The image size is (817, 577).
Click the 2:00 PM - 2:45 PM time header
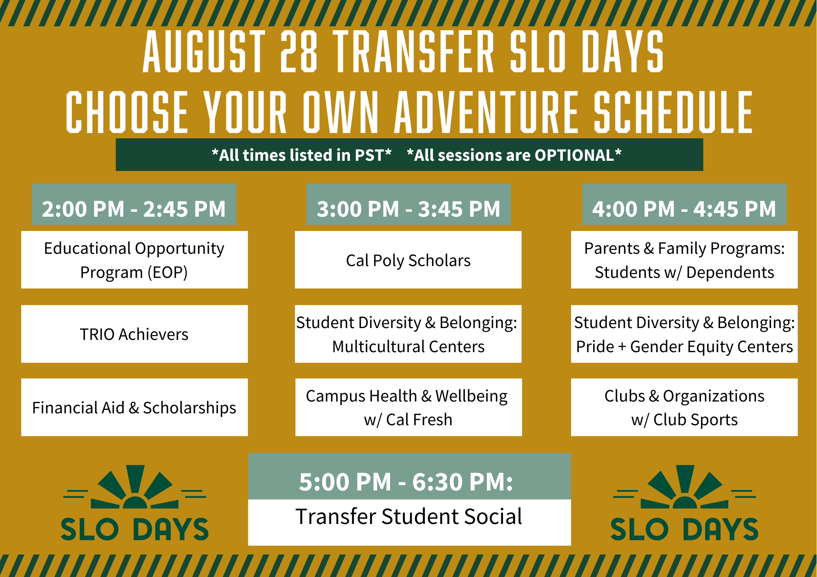point(134,204)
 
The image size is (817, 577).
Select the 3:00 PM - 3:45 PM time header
point(408,204)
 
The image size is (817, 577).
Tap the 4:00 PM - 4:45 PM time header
point(684,204)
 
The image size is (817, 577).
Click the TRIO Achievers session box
point(134,334)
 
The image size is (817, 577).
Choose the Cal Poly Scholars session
point(408,260)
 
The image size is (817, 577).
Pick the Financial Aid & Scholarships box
point(134,407)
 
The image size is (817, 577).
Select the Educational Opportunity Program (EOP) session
point(134,260)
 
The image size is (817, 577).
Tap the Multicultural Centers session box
point(408,334)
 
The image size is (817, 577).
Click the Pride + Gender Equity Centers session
point(684,334)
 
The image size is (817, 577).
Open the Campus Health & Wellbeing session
point(408,407)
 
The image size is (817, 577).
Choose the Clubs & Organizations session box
point(684,407)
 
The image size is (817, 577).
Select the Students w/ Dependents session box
point(684,260)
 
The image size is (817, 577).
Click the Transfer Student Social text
point(409,517)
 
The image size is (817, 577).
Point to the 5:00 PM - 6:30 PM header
point(409,476)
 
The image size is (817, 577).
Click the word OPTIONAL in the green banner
point(574,155)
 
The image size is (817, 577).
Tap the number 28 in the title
point(299,52)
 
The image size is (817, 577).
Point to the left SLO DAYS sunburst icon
point(135,487)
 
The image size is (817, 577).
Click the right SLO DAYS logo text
point(684,529)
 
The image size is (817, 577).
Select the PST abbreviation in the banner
point(370,155)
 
